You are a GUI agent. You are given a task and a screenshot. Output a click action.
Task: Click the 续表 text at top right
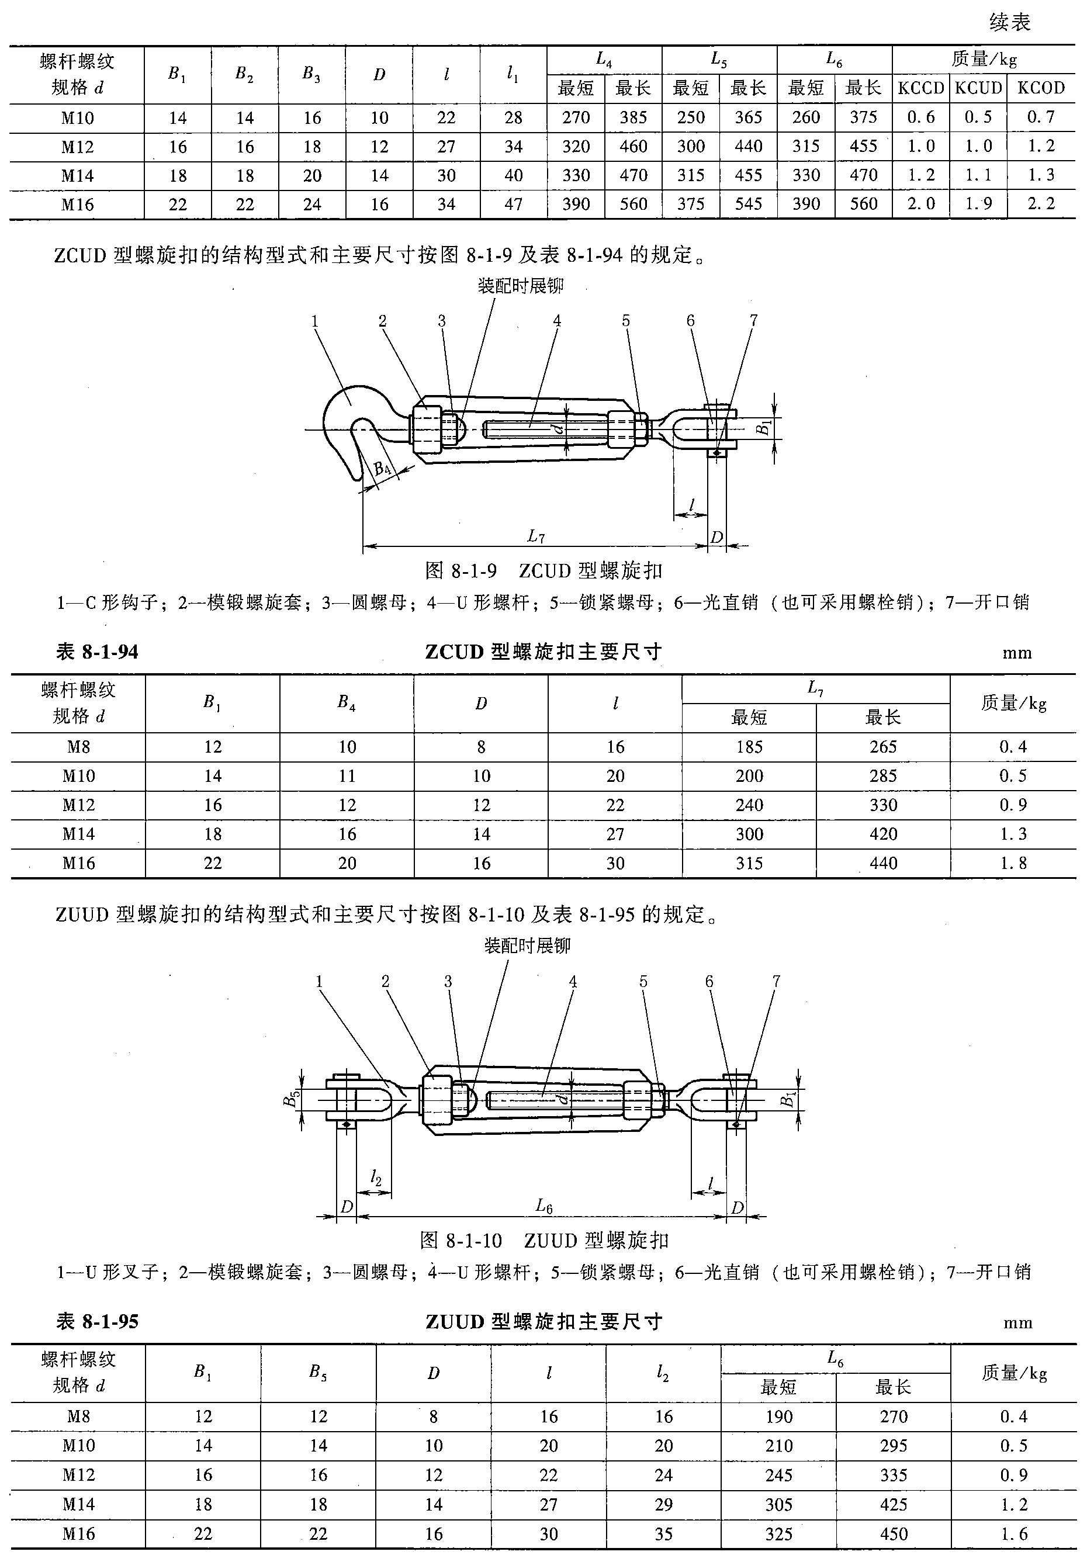pos(1009,22)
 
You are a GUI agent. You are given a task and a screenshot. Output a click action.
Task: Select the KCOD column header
pos(1040,88)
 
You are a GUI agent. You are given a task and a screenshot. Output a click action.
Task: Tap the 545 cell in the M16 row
pos(747,204)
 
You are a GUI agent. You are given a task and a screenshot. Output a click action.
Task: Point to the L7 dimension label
pos(536,536)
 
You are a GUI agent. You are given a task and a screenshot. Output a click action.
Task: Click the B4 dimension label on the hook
pos(382,469)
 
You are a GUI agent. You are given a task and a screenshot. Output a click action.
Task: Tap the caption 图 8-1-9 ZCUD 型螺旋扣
pos(543,570)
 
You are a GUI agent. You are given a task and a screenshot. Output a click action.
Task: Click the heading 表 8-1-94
pos(97,652)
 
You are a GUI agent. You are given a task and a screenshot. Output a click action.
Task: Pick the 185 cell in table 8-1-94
pos(749,747)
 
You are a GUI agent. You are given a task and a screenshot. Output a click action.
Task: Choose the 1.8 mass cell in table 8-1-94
pos(1012,863)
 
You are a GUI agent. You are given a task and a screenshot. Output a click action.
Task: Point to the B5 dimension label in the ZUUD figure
pos(291,1099)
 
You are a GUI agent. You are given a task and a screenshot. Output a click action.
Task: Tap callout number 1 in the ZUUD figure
pos(319,981)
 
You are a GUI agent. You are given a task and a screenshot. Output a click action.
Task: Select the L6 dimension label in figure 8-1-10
pos(543,1206)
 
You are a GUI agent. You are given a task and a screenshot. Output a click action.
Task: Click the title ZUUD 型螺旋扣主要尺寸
pos(543,1322)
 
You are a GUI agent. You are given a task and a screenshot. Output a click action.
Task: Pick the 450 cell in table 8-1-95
pos(893,1533)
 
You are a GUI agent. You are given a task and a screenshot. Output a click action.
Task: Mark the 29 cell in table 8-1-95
pos(663,1504)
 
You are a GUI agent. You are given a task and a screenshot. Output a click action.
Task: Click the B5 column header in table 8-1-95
pos(318,1372)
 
